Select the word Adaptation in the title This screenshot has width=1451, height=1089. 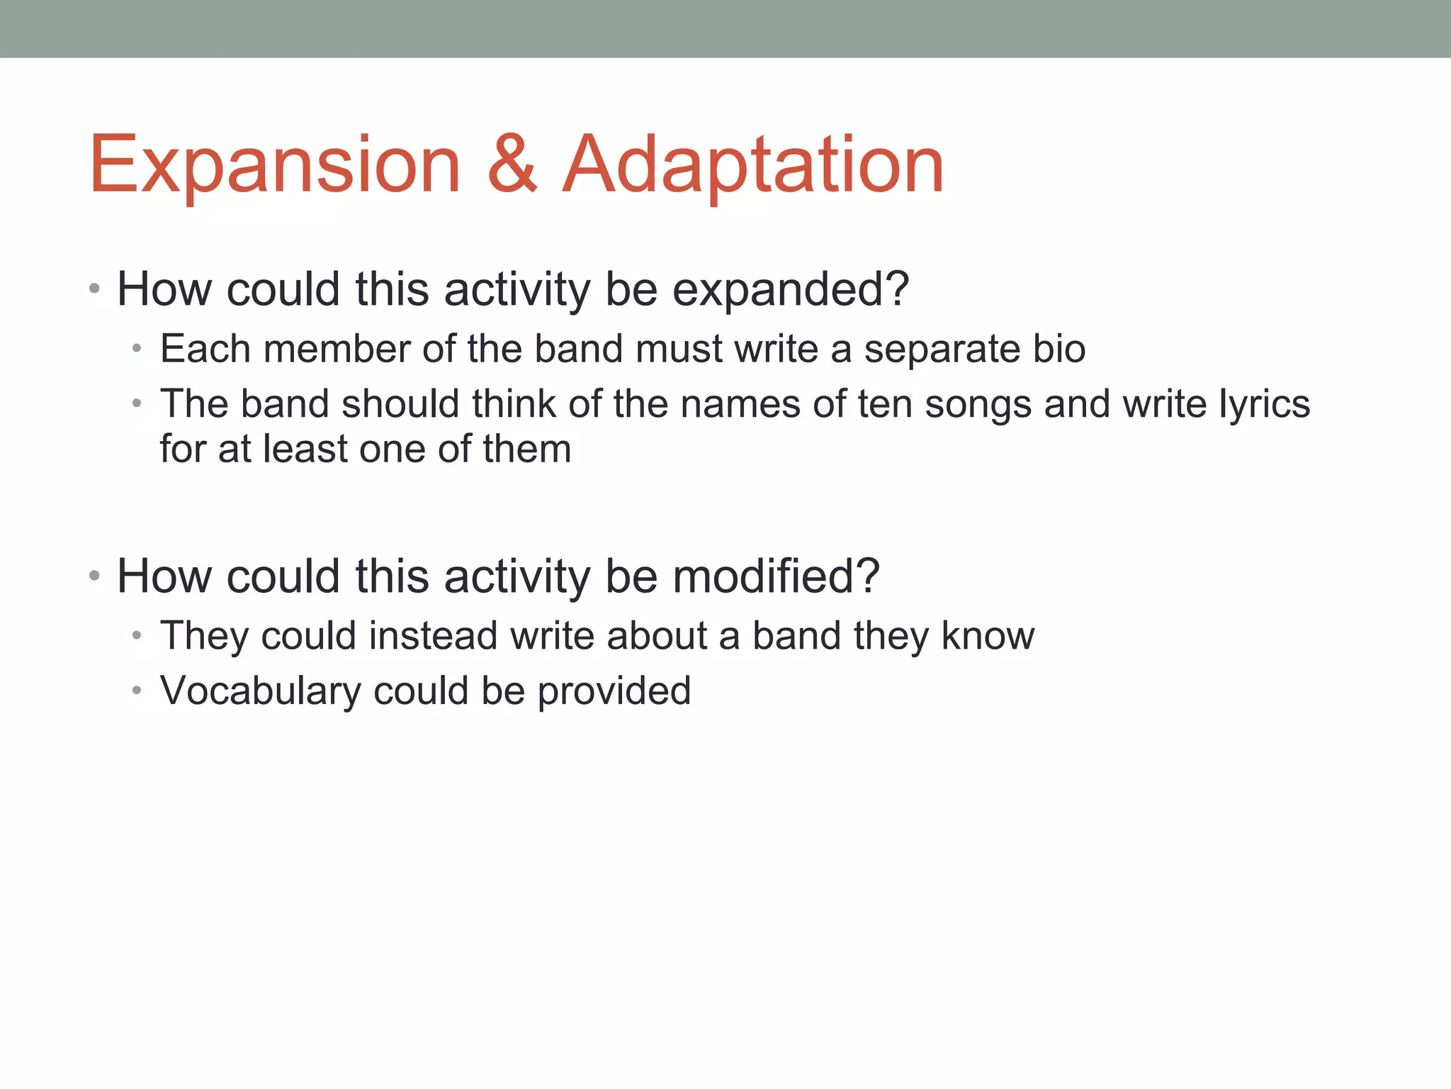point(753,166)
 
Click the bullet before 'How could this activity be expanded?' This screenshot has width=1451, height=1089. point(95,289)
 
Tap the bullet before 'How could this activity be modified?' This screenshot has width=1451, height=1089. point(95,576)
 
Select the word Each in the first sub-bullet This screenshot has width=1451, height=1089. point(205,350)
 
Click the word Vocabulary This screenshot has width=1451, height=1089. point(260,692)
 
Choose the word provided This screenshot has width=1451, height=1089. point(614,692)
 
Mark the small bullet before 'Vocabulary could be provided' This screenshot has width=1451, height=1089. point(137,690)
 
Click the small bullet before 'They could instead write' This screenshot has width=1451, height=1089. point(137,635)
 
